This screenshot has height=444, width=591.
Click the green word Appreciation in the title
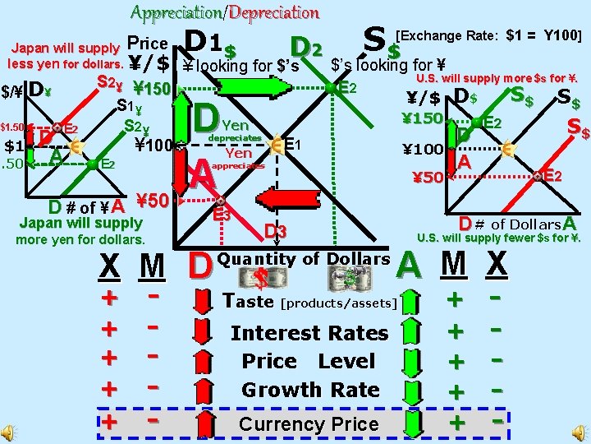[176, 12]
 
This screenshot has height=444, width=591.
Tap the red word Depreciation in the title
[274, 12]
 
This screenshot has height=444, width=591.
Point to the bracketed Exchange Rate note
[489, 35]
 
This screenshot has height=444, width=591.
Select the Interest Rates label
[309, 333]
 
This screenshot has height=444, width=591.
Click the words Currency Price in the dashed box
[309, 424]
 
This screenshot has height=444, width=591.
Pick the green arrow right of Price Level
[415, 362]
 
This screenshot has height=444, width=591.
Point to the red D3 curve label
[275, 233]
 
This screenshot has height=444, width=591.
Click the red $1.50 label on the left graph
[16, 127]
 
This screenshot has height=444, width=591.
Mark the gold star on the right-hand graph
[508, 149]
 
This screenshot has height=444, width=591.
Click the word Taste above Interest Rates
[248, 301]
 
